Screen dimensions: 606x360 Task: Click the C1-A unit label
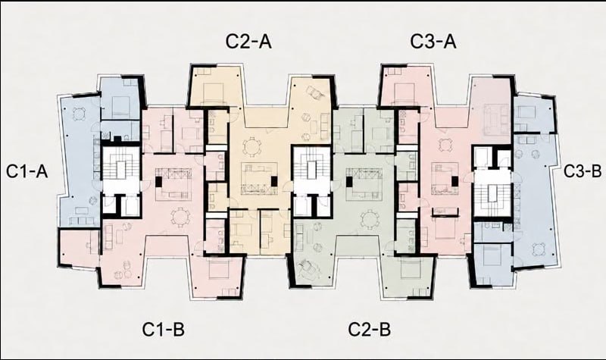[27, 171]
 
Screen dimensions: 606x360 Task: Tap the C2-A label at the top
[248, 42]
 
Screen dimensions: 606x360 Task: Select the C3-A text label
[433, 42]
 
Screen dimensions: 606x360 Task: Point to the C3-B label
[583, 171]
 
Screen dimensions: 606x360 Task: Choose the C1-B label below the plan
[164, 330]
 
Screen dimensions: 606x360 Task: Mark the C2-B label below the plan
[370, 330]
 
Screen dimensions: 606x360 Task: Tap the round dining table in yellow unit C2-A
[252, 147]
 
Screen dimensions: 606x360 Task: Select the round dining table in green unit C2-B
[370, 219]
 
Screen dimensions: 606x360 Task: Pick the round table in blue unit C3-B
[538, 249]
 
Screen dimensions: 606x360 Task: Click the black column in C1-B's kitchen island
[158, 182]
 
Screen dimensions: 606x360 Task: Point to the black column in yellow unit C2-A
[274, 181]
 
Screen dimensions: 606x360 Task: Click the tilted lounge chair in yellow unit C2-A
[314, 93]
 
